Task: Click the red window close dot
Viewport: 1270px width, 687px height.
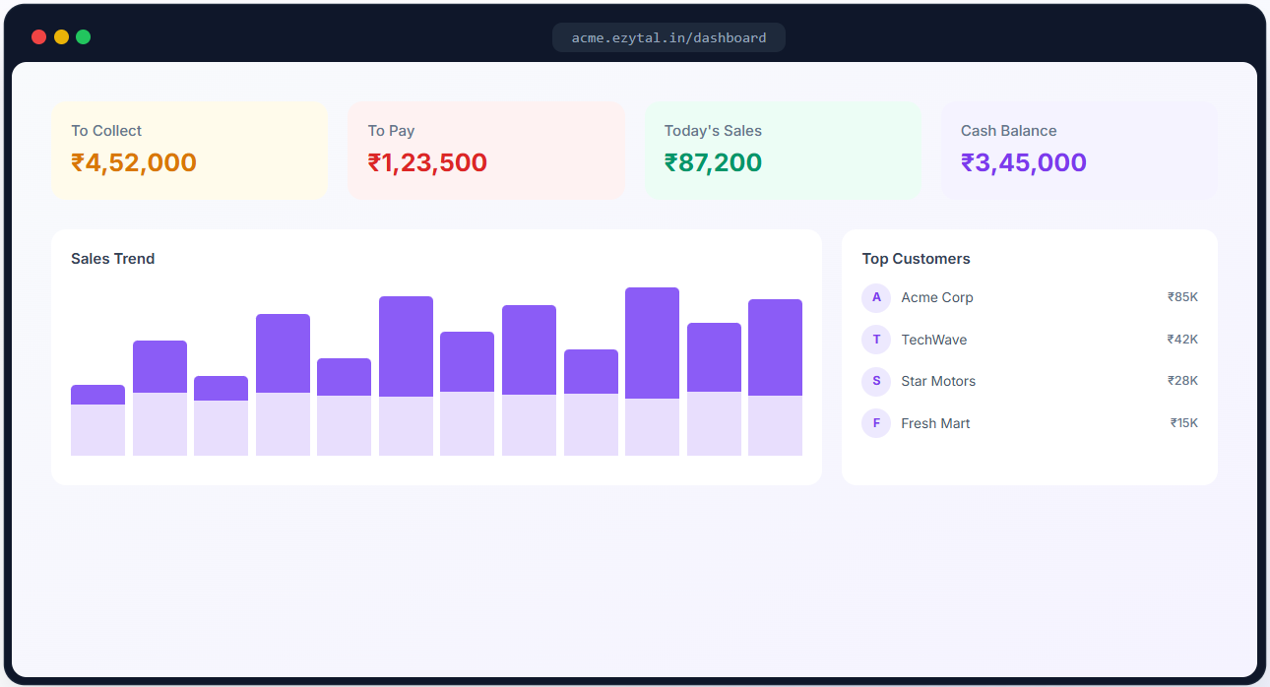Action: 38,36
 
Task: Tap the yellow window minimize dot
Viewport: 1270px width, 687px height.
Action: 61,36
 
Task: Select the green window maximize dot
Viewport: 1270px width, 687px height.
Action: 84,36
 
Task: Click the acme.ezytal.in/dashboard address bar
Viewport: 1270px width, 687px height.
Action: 668,37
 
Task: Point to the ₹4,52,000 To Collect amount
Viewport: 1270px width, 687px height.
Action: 134,162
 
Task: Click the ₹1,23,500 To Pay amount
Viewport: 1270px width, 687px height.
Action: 427,162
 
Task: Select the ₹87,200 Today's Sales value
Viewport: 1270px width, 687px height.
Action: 713,162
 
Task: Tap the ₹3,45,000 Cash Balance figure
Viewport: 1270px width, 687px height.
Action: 1024,162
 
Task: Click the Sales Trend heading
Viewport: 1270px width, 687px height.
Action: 113,259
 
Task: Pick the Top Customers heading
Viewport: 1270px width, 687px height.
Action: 917,259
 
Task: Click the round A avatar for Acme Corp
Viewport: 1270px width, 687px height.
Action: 876,297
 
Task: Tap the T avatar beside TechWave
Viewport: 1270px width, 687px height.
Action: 876,340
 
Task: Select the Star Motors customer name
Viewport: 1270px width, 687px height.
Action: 938,381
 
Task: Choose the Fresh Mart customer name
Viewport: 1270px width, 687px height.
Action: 935,423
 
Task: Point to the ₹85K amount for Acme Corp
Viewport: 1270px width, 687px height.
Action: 1182,297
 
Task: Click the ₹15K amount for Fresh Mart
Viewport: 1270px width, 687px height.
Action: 1184,423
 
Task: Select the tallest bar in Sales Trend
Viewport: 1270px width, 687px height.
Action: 652,371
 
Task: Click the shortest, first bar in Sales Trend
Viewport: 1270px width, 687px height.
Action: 97,420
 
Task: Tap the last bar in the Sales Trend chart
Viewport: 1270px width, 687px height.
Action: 775,377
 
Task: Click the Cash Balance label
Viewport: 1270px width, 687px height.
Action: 1009,131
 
